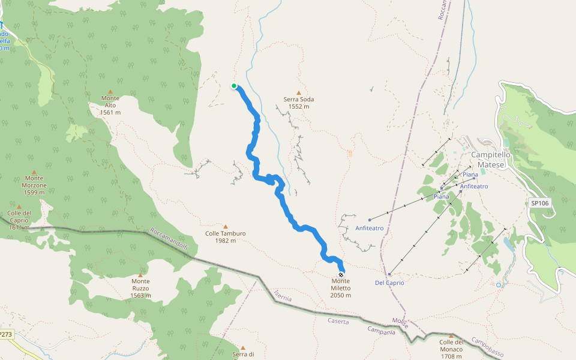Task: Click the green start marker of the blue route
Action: [x=234, y=86]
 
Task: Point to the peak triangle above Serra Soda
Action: [x=298, y=92]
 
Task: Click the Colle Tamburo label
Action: [x=226, y=237]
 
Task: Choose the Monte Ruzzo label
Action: [x=140, y=284]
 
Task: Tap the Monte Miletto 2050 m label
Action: [x=341, y=288]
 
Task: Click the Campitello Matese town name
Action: [x=491, y=158]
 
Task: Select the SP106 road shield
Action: [x=540, y=203]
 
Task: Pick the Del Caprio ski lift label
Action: [x=389, y=283]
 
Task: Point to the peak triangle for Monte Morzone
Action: [x=34, y=172]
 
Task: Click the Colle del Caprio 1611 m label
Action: [x=19, y=220]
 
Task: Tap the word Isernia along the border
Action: [x=282, y=295]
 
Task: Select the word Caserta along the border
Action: [x=338, y=321]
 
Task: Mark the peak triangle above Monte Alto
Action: [x=110, y=91]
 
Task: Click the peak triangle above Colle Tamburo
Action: [x=226, y=227]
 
